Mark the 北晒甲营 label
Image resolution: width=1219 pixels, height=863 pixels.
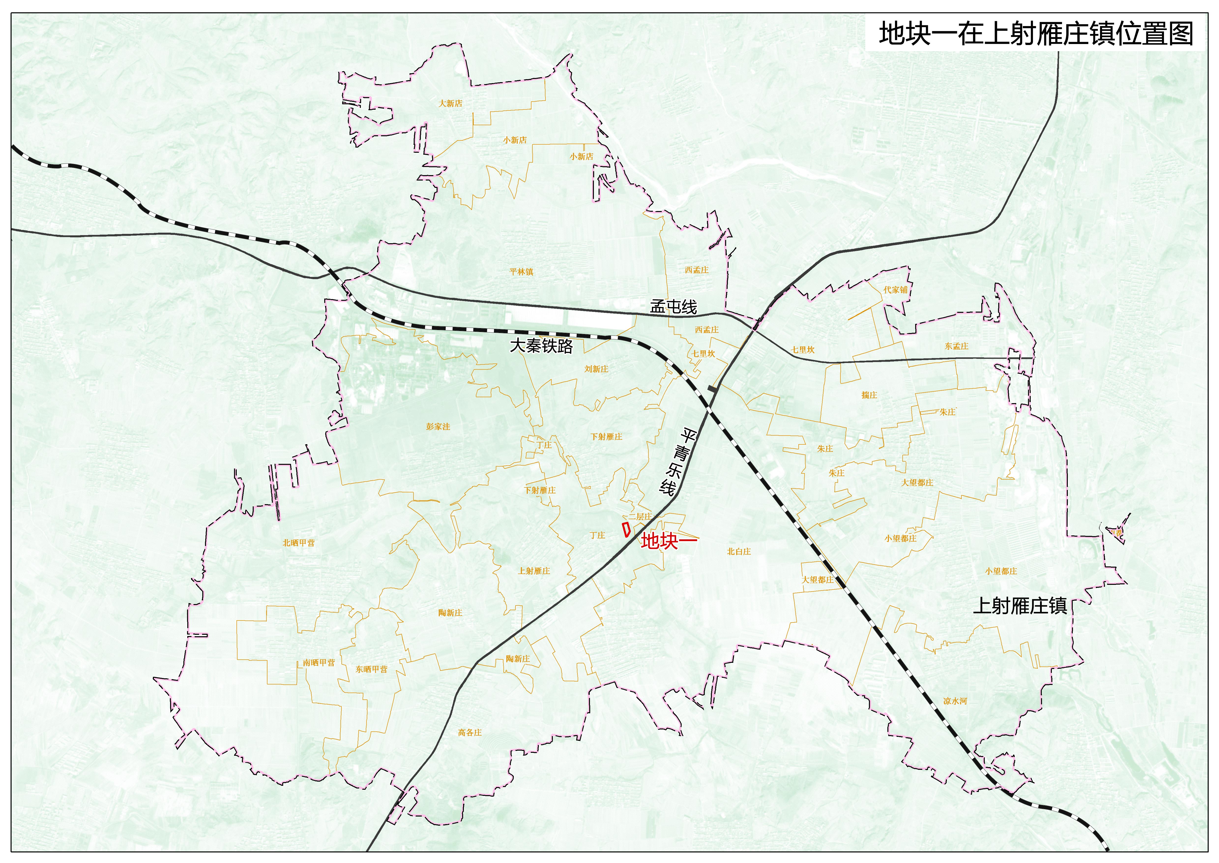pos(298,543)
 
